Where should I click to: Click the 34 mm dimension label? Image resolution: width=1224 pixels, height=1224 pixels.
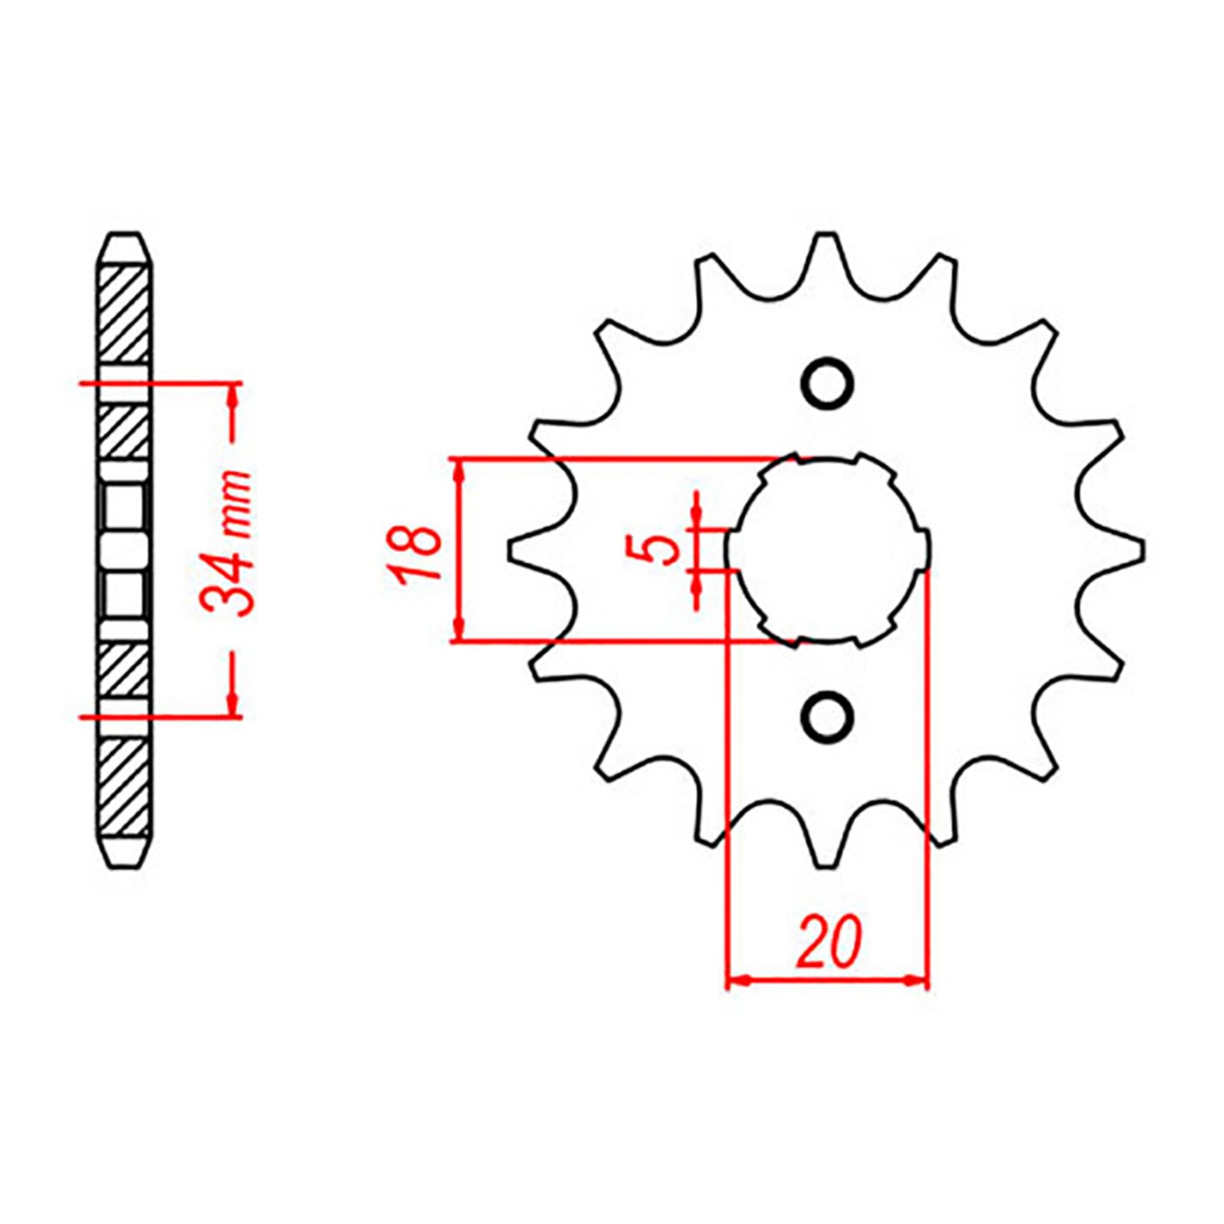pyautogui.click(x=227, y=542)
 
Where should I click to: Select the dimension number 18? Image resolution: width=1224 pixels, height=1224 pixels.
pyautogui.click(x=415, y=551)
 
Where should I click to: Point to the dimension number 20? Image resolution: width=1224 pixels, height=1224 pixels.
pyautogui.click(x=828, y=941)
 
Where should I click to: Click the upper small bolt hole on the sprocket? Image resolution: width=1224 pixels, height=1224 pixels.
pyautogui.click(x=826, y=384)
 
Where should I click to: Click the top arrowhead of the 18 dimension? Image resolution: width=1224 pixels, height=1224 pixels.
pyautogui.click(x=458, y=469)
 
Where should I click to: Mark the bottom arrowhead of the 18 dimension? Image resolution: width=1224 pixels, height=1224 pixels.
pyautogui.click(x=458, y=631)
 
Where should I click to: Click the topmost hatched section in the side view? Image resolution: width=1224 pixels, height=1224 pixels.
pyautogui.click(x=125, y=314)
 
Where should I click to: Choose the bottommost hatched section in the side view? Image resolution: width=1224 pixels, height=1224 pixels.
pyautogui.click(x=125, y=787)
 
